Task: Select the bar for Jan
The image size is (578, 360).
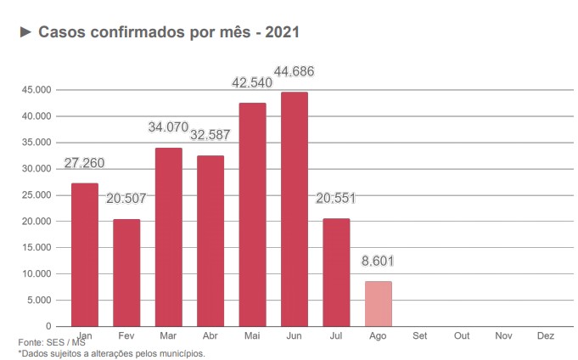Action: [85, 255]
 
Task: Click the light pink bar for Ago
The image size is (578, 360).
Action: [379, 304]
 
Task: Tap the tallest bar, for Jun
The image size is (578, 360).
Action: [295, 209]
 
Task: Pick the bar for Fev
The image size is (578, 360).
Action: [126, 273]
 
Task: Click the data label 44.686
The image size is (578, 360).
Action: [295, 71]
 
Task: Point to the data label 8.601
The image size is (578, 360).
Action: [378, 261]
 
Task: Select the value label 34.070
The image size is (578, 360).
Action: [168, 127]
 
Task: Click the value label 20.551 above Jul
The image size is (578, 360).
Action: [336, 199]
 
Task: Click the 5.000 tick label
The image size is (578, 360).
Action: [39, 301]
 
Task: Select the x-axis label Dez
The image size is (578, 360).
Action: [546, 335]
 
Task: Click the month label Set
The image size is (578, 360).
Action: [420, 335]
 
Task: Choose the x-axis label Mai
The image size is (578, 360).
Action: [252, 335]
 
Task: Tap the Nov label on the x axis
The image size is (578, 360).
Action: [503, 335]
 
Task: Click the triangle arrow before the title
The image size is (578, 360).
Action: [25, 32]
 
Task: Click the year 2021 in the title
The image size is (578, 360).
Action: [283, 32]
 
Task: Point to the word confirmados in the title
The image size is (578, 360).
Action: [137, 32]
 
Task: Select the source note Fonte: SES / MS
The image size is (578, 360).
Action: [52, 342]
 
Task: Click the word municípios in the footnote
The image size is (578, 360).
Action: [182, 353]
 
